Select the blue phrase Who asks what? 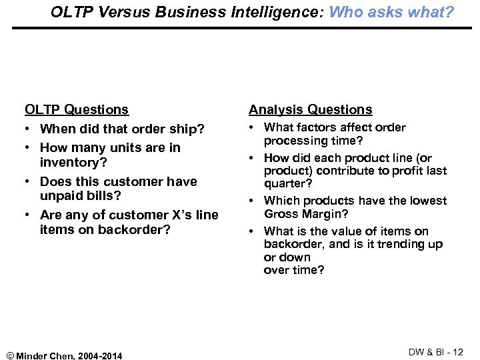pos(391,11)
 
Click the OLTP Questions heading pos(77,109)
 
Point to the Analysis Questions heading pos(310,109)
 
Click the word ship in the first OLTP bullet pos(184,129)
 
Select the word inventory pos(73,163)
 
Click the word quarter pos(284,183)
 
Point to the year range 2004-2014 pos(100,355)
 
